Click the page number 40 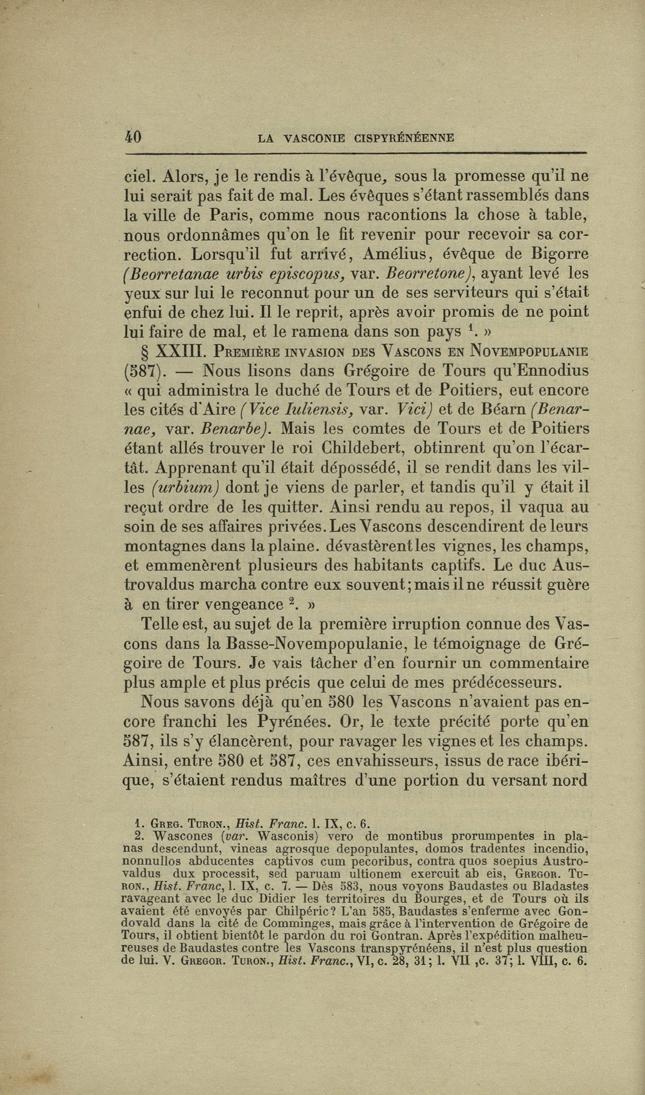132,137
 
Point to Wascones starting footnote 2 184,835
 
